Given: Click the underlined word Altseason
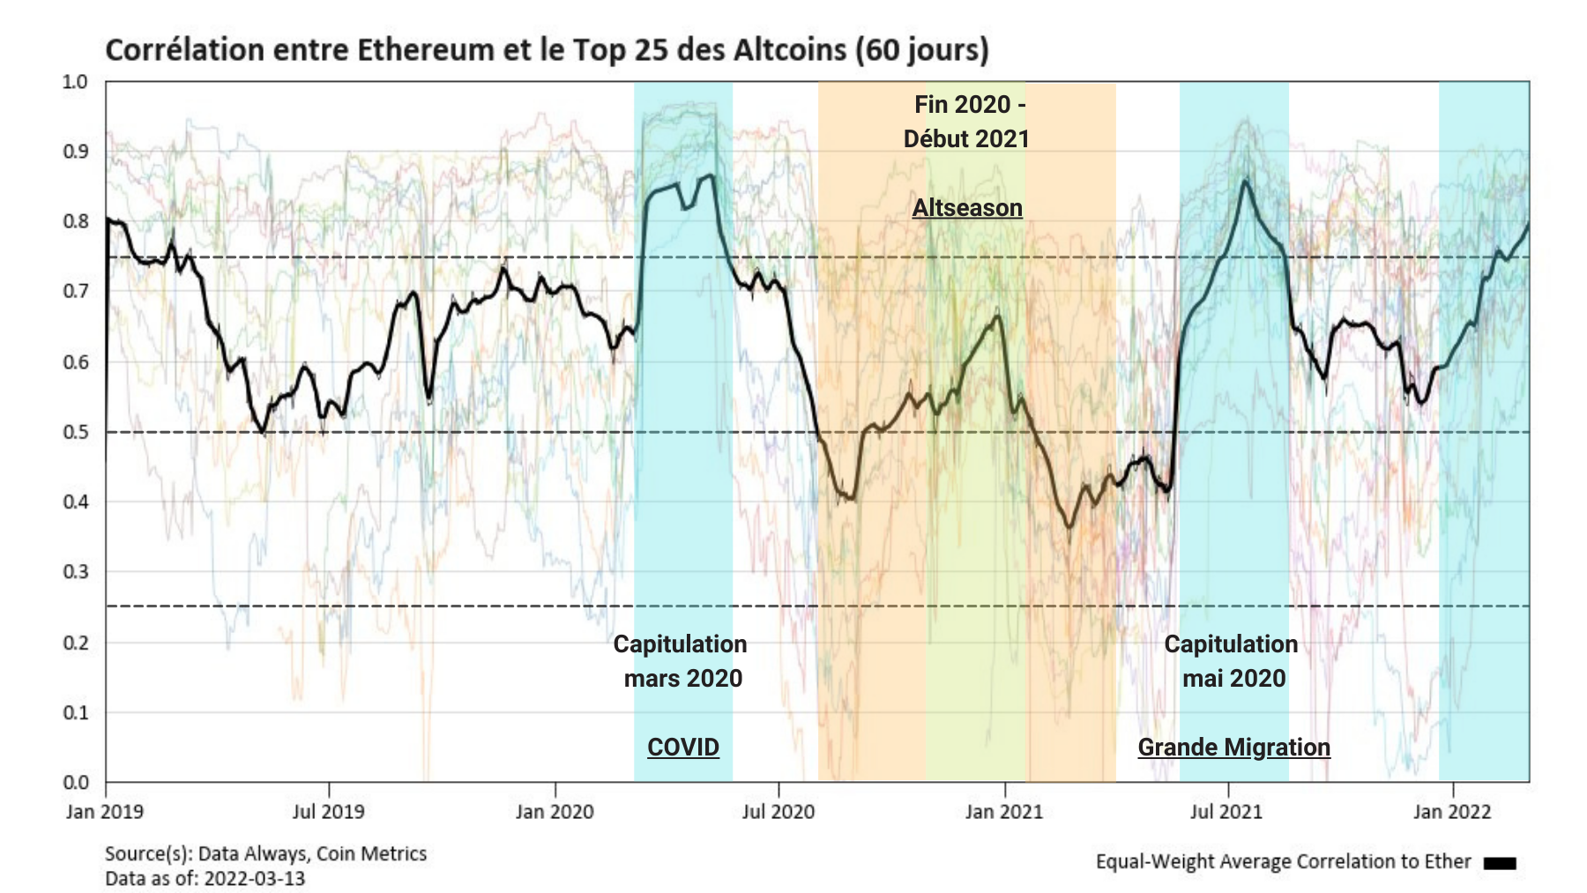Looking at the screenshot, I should coord(967,208).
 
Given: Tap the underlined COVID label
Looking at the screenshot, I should coord(683,747).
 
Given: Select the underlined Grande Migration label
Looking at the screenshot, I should coord(1233,747).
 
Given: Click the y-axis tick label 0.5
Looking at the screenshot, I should coord(76,432).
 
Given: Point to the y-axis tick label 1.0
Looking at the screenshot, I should coord(76,82).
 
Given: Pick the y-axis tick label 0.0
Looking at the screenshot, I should coord(76,782).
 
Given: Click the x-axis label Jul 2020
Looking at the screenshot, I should coord(779,811).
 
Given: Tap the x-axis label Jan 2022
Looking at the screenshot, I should coord(1452,811).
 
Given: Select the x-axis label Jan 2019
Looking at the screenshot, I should coord(105,811).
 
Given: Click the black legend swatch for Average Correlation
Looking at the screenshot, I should coord(1499,863).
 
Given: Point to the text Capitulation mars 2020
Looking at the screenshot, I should coord(681,661).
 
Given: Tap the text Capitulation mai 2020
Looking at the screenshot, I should coord(1232,661).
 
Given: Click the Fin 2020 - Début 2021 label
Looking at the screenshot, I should coord(967,122).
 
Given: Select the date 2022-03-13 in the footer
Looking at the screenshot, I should coord(254,878).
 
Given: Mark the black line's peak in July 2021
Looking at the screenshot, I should coord(1245,181).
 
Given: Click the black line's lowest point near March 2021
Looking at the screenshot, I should coord(1069,527).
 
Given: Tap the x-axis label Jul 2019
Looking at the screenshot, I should coord(328,811).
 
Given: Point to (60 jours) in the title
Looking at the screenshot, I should coord(922,50).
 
